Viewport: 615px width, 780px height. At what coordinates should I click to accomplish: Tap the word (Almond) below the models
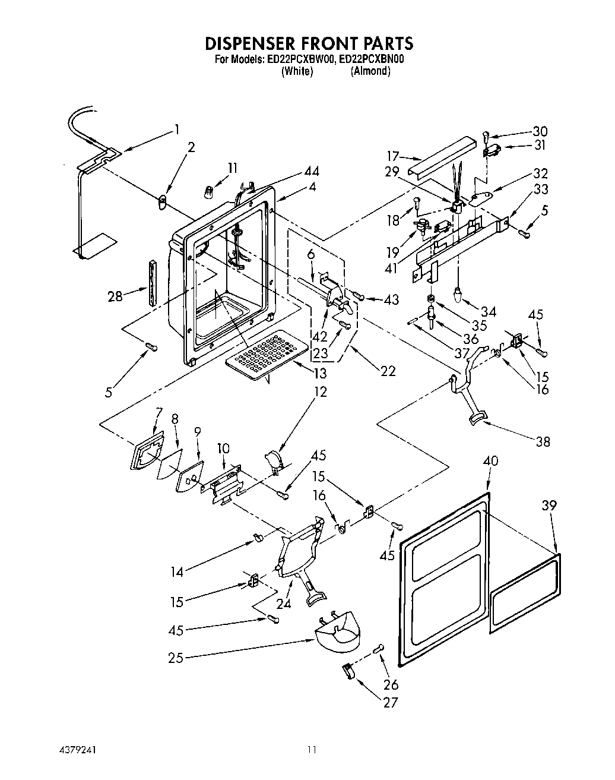click(x=370, y=71)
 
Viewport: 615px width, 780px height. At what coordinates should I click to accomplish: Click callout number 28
click(x=115, y=295)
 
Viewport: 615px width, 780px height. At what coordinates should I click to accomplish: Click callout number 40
click(x=491, y=461)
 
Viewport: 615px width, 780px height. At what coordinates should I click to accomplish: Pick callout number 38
click(x=542, y=441)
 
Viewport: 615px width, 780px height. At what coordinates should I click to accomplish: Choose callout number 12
click(x=321, y=392)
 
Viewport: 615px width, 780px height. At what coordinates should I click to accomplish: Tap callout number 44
click(x=311, y=172)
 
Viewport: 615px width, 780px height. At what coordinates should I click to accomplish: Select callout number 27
click(x=390, y=703)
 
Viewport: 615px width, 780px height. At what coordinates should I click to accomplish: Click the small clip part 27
click(x=347, y=670)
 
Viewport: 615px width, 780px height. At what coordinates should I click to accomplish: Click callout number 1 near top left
click(x=176, y=130)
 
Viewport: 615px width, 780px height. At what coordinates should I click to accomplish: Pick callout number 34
click(x=489, y=311)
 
